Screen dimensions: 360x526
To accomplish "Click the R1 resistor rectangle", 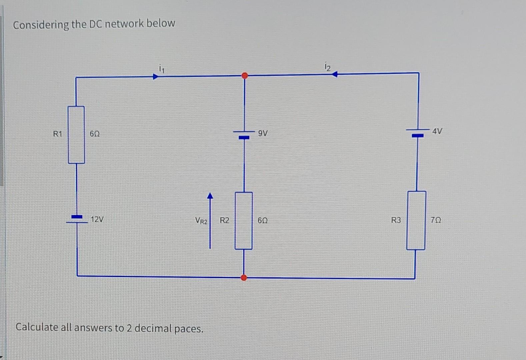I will tap(76, 135).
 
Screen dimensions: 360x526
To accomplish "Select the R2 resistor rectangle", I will tap(244, 220).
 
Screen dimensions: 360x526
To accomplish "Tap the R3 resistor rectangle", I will tap(416, 220).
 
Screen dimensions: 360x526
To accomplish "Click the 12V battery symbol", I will tap(77, 219).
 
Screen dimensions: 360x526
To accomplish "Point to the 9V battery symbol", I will tap(244, 134).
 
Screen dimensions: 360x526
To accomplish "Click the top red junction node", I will tap(245, 76).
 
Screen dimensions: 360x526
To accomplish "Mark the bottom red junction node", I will tap(244, 277).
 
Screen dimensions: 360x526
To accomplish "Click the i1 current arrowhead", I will tap(155, 77).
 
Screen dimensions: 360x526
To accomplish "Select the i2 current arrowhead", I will tap(335, 74).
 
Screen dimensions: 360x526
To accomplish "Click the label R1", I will tap(58, 134).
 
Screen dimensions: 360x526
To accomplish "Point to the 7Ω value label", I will tap(436, 220).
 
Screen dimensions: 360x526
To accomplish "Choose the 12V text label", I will tap(97, 220).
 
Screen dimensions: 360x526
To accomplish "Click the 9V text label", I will tap(263, 134).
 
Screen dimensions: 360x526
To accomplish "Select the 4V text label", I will tap(437, 131).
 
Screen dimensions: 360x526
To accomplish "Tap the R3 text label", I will tap(396, 220).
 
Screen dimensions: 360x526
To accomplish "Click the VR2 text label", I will tap(201, 221).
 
